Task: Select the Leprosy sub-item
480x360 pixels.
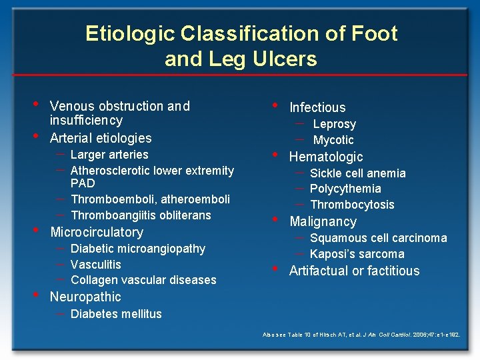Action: point(334,124)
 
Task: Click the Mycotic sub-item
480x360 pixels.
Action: point(333,140)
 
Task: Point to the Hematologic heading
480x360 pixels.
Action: point(326,157)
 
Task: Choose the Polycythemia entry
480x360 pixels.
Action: point(345,189)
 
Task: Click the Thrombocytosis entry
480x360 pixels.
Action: point(352,205)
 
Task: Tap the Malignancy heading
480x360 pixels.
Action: point(323,221)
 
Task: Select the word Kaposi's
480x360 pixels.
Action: point(334,254)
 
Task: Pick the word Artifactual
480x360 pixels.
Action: point(317,271)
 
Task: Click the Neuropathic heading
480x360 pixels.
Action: point(85,297)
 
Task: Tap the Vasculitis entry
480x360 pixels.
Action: point(95,265)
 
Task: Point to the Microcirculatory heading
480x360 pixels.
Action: point(97,232)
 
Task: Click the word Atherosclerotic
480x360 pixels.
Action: point(111,171)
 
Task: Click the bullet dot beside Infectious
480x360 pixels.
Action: point(275,105)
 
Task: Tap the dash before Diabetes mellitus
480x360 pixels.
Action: point(60,313)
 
